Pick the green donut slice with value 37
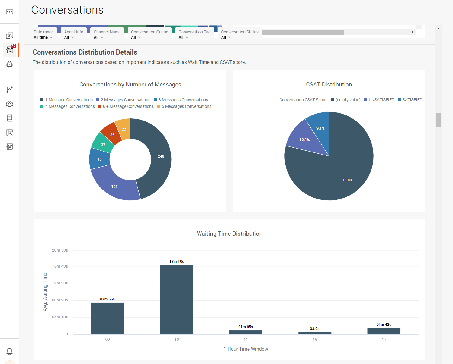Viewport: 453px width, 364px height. tap(103, 144)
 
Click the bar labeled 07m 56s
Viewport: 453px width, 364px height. tap(107, 318)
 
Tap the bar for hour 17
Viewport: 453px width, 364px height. tap(384, 331)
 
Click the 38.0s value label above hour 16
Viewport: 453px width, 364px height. tap(315, 329)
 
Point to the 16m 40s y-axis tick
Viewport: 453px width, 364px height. tap(60, 266)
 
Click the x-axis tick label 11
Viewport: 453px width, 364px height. tap(246, 340)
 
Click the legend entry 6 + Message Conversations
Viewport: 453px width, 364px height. tap(126, 106)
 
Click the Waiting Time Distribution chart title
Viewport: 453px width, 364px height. tap(230, 234)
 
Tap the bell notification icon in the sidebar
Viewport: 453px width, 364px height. tap(10, 351)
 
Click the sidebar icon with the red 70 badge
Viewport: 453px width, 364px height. tap(10, 50)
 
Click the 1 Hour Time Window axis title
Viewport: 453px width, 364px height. tap(246, 349)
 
